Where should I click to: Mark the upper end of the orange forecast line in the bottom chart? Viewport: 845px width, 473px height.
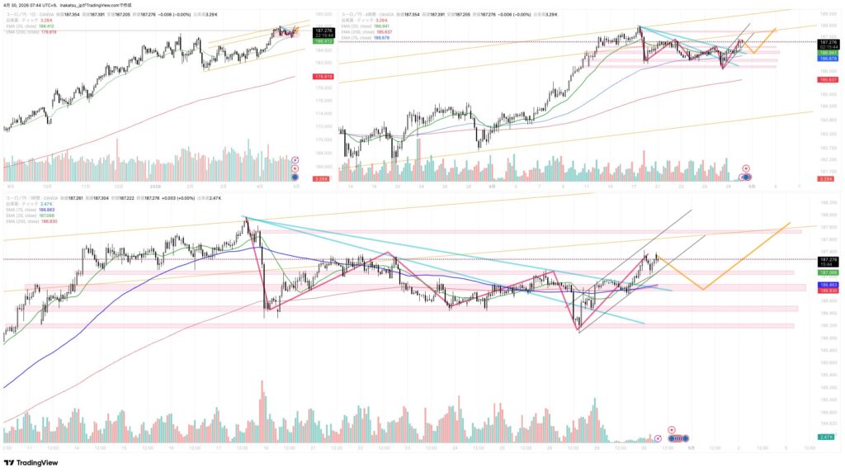click(x=791, y=223)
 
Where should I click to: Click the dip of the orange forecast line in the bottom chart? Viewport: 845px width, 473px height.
click(x=702, y=289)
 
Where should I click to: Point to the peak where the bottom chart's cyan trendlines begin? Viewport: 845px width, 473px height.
click(x=244, y=218)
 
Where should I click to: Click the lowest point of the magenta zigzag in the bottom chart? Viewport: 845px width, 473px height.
click(x=577, y=330)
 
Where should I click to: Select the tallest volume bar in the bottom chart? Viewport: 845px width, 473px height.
click(x=262, y=381)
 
